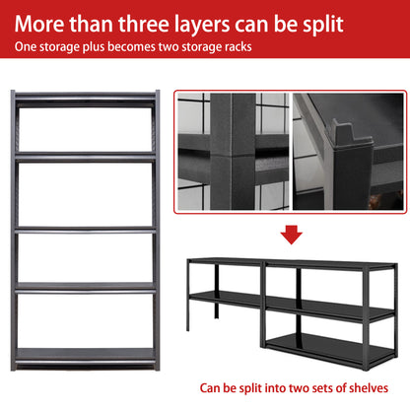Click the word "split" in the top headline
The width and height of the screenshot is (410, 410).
(x=334, y=21)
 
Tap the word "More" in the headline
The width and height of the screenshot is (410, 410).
(x=45, y=21)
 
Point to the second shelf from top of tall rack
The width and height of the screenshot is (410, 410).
(x=85, y=154)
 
